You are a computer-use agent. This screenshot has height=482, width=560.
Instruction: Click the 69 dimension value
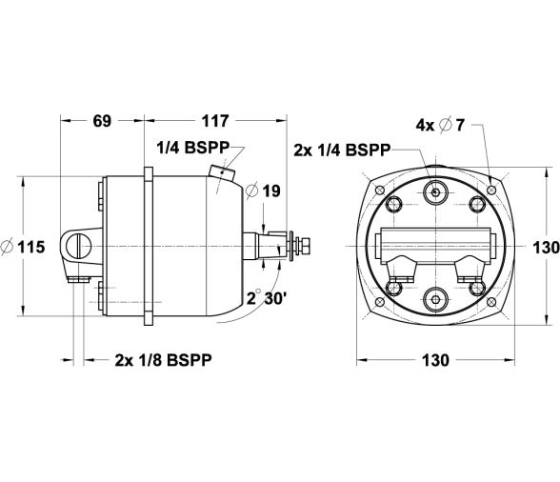pos(102,121)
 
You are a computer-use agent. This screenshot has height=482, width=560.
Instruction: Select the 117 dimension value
pos(215,121)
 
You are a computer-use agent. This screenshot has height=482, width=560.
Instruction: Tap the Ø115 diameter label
pos(24,247)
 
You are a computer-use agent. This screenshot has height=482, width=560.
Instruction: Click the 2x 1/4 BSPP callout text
pos(340,150)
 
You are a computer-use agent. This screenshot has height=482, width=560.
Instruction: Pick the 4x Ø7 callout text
pos(440,125)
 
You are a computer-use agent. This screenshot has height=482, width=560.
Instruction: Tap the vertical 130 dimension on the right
pos(545,247)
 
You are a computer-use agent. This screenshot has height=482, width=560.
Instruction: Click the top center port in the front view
pos(435,193)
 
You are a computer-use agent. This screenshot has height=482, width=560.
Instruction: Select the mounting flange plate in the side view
pos(149,246)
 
